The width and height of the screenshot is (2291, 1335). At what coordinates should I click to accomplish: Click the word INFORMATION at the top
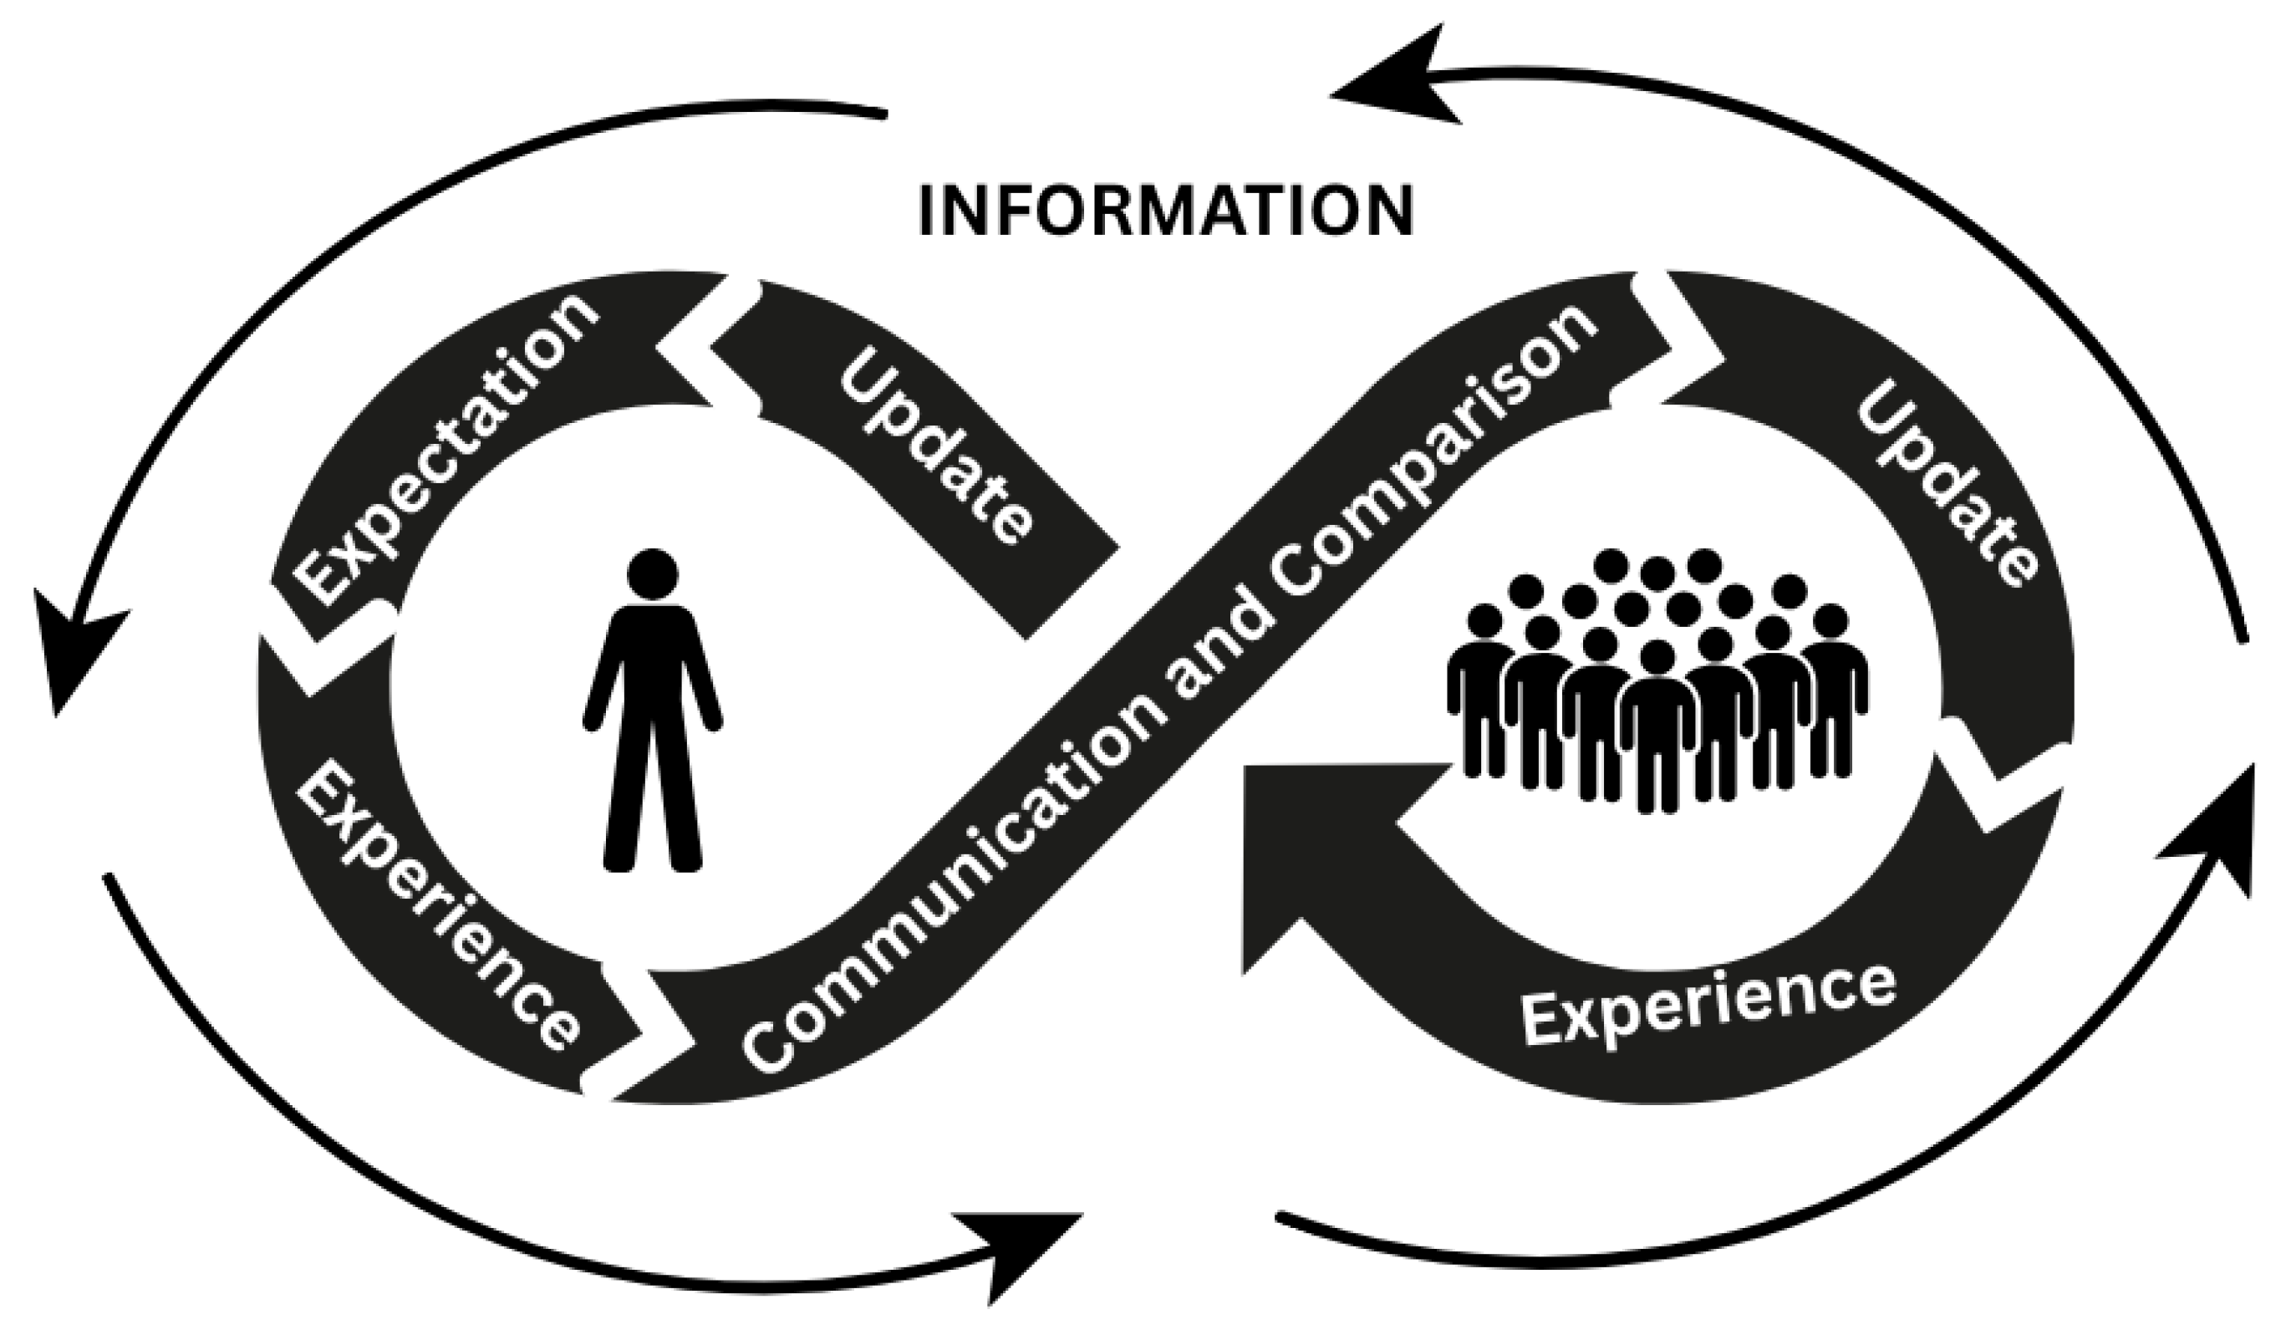[1167, 211]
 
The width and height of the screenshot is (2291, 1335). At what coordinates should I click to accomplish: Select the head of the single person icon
[652, 573]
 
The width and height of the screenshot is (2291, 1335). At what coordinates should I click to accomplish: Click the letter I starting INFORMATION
[926, 211]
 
